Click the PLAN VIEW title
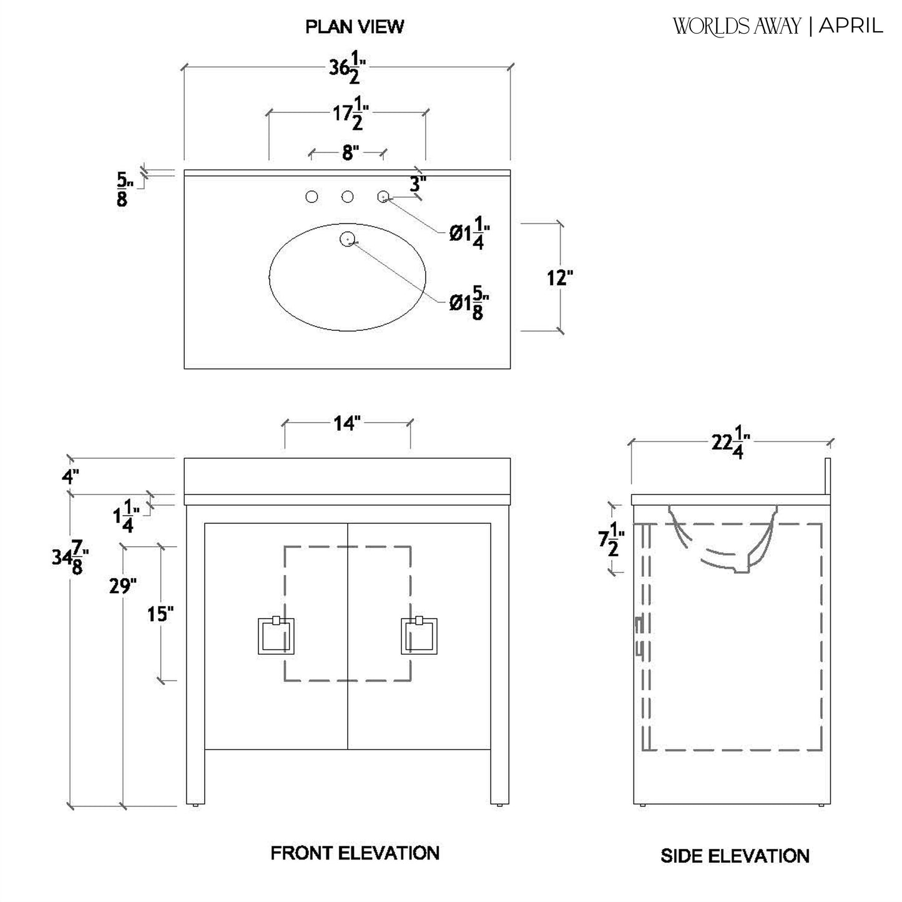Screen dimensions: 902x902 [x=354, y=27]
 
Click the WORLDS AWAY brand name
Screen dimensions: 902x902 [x=737, y=26]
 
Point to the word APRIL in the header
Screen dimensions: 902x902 [x=851, y=26]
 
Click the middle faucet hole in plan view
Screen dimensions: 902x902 [x=348, y=197]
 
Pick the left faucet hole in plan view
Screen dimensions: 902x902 [x=311, y=197]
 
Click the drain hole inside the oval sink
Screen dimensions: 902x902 [x=348, y=238]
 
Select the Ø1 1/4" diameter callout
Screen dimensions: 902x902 [x=469, y=233]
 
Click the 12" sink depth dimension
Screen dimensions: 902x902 [x=560, y=277]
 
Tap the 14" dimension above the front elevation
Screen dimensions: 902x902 [x=347, y=424]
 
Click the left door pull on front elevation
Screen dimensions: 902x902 [x=276, y=636]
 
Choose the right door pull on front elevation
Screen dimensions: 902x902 [x=419, y=636]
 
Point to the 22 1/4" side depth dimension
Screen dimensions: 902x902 [x=730, y=443]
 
